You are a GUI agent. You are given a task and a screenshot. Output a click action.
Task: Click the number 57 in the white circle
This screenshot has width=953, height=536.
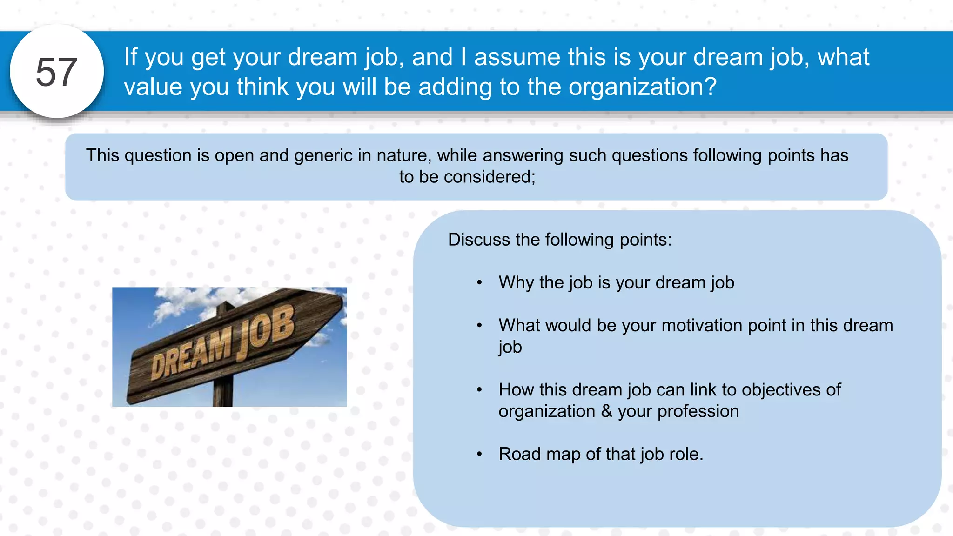coord(56,72)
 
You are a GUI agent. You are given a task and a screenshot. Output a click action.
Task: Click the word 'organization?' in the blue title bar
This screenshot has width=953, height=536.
coord(643,87)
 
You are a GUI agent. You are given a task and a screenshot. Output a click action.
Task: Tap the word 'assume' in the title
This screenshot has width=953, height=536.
coord(517,57)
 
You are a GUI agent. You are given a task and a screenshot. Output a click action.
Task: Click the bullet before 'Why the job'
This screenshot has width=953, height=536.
coord(479,283)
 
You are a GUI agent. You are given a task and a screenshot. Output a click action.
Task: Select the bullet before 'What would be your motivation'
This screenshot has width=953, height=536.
coord(479,326)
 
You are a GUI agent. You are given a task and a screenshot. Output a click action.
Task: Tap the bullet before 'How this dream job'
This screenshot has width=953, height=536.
coord(479,390)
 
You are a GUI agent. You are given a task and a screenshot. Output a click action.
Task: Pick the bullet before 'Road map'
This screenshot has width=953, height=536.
coord(479,454)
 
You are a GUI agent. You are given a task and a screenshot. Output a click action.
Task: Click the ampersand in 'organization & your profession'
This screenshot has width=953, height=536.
coord(606,411)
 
